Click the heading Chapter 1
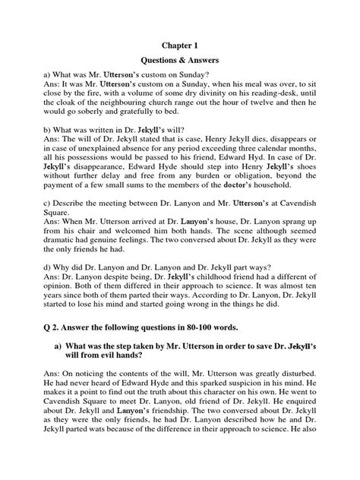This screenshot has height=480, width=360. tap(179, 45)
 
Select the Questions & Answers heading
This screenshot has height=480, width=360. tap(179, 66)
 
